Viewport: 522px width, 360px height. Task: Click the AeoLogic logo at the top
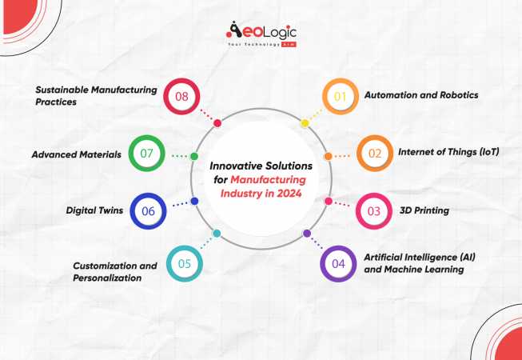click(261, 34)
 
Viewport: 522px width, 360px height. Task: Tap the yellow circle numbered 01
click(339, 97)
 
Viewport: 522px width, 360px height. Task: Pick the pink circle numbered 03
click(372, 210)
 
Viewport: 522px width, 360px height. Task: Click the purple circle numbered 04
click(337, 262)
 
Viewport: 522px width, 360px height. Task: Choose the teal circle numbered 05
click(184, 263)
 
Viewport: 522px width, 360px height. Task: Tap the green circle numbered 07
click(147, 153)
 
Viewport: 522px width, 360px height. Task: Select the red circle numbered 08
click(181, 97)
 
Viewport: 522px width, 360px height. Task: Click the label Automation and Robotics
click(420, 95)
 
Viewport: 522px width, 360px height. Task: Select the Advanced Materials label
click(77, 154)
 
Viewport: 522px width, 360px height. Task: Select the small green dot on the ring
click(194, 155)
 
